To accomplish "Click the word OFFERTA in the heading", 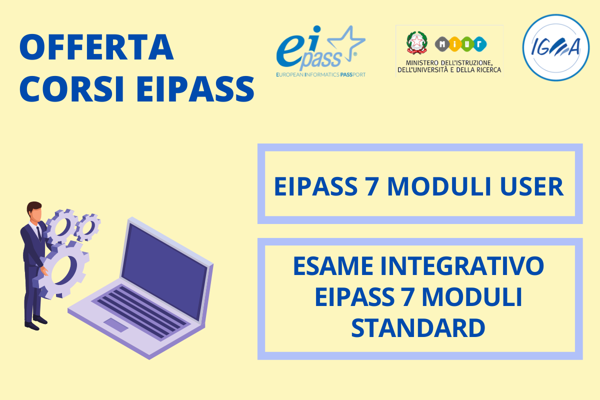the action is click(96, 47).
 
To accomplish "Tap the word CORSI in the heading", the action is click(72, 88).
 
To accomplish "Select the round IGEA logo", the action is click(556, 47).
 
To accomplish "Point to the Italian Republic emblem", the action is click(417, 42).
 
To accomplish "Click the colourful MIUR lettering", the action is click(460, 44).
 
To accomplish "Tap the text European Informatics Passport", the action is click(321, 74).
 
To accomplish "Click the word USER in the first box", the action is click(531, 186).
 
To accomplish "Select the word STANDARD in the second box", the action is click(418, 328).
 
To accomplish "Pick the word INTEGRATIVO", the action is click(462, 266).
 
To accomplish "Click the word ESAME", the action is click(333, 266).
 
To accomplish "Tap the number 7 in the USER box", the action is click(372, 186).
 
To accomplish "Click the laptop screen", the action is click(164, 271).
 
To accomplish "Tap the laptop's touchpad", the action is click(116, 325).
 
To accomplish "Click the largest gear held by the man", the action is click(61, 270).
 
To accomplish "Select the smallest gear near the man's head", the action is click(87, 227).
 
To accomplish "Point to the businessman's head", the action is click(34, 211).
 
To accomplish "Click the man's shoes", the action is click(36, 322).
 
